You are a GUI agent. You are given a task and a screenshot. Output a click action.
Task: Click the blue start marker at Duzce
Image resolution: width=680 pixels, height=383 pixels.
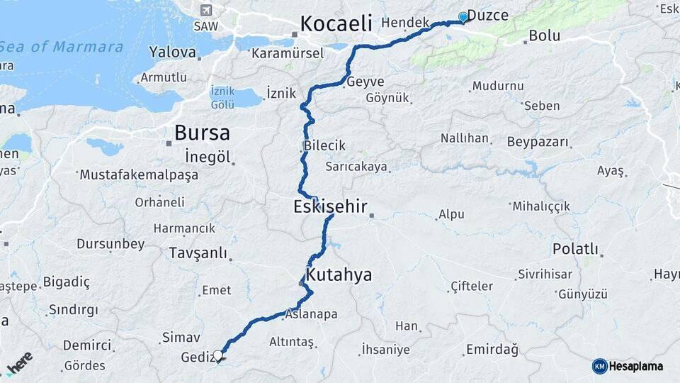coord(463,16)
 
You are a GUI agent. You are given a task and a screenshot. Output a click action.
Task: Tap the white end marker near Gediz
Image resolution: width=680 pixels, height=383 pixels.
coord(217,355)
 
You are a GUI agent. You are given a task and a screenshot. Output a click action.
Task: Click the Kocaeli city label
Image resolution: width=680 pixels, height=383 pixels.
coord(336,23)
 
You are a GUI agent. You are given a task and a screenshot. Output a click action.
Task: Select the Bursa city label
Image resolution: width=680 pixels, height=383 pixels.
coord(202,133)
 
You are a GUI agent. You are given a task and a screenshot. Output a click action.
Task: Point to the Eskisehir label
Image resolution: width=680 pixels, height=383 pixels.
coord(330,207)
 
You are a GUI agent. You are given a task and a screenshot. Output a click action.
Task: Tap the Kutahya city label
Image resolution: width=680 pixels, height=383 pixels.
coord(339,275)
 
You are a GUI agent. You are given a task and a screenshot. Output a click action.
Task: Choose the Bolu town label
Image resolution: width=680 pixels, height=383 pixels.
coord(544,35)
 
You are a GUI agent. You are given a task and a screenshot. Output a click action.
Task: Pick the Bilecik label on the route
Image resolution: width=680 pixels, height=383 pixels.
coord(324,145)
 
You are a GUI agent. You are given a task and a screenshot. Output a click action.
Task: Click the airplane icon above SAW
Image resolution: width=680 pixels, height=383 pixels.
coord(206,10)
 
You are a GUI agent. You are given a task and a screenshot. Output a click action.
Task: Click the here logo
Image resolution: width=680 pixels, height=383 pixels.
coord(19,363)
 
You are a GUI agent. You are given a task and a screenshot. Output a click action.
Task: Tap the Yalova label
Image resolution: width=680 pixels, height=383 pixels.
coord(172,52)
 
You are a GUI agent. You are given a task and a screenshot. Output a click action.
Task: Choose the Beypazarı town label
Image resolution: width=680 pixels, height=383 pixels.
coord(538,142)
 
